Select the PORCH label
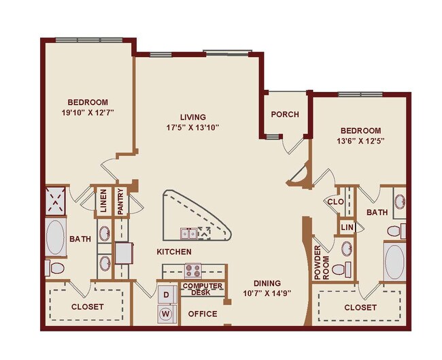pyautogui.click(x=285, y=114)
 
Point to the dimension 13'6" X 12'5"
pyautogui.click(x=361, y=141)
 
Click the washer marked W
pyautogui.click(x=166, y=314)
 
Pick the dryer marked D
pyautogui.click(x=166, y=295)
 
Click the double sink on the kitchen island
pyautogui.click(x=189, y=233)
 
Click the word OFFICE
pyautogui.click(x=203, y=314)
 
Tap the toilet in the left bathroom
pyautogui.click(x=54, y=267)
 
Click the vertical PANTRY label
pyautogui.click(x=120, y=202)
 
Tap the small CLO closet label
pyautogui.click(x=335, y=201)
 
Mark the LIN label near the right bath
pyautogui.click(x=347, y=227)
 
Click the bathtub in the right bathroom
pyautogui.click(x=394, y=262)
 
